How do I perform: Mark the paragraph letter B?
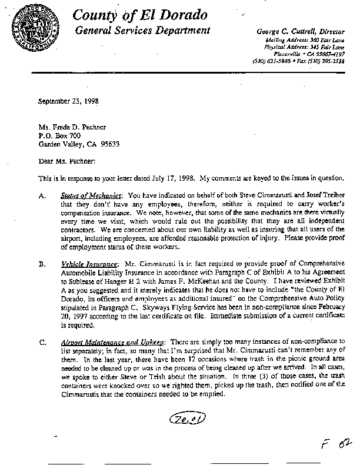[41, 265]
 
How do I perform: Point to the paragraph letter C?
[41, 341]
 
